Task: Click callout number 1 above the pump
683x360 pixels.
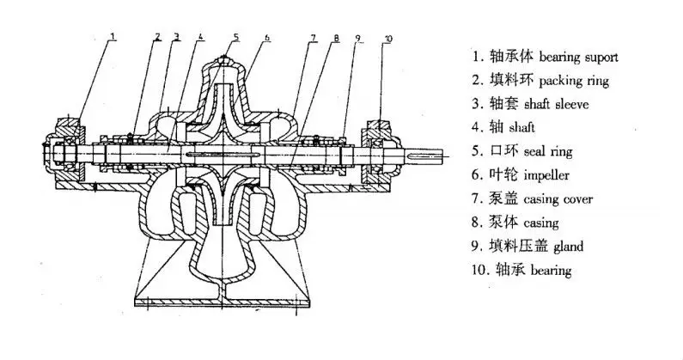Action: pyautogui.click(x=113, y=35)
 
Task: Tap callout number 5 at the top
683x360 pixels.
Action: pyautogui.click(x=237, y=36)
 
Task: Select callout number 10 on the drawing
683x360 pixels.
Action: pyautogui.click(x=387, y=40)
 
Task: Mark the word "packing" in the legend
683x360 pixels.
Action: pyautogui.click(x=559, y=81)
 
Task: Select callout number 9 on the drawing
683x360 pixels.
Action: pyautogui.click(x=358, y=39)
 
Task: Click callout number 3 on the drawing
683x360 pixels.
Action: pyautogui.click(x=176, y=37)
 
